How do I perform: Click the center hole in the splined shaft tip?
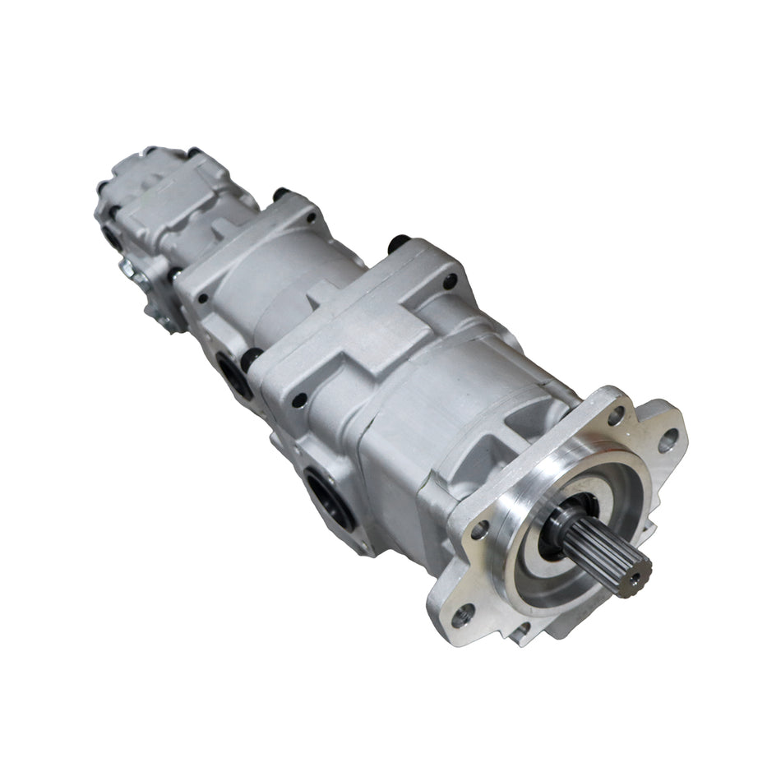click(634, 580)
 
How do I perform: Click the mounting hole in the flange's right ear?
click(667, 441)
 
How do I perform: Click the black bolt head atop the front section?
click(400, 243)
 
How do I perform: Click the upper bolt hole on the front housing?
click(450, 283)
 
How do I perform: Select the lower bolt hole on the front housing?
click(301, 400)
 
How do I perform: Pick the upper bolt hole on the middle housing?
click(312, 218)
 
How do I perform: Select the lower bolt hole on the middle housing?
click(203, 298)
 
